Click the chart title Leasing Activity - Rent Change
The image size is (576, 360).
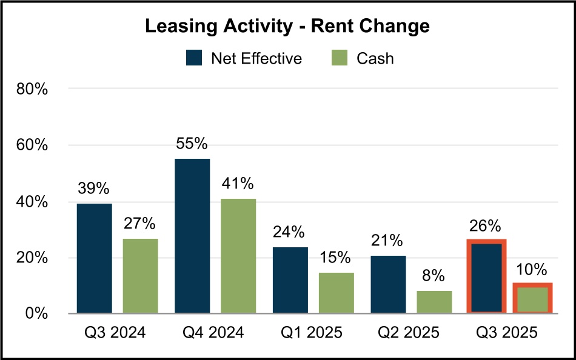click(287, 26)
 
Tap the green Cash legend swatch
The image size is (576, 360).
click(341, 58)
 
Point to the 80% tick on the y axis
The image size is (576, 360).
click(32, 89)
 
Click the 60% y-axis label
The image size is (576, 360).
click(32, 145)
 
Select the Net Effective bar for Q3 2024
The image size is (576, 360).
click(94, 259)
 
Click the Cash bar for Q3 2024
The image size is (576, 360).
click(140, 276)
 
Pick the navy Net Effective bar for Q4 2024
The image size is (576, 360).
click(192, 236)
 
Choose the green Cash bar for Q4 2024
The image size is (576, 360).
click(238, 256)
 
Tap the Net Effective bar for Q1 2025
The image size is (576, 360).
click(290, 280)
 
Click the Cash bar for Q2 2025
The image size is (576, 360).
click(434, 302)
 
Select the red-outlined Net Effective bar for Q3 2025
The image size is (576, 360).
click(486, 277)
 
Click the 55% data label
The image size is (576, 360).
click(192, 144)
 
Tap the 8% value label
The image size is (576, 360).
click(434, 277)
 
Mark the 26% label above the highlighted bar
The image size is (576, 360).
click(486, 226)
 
